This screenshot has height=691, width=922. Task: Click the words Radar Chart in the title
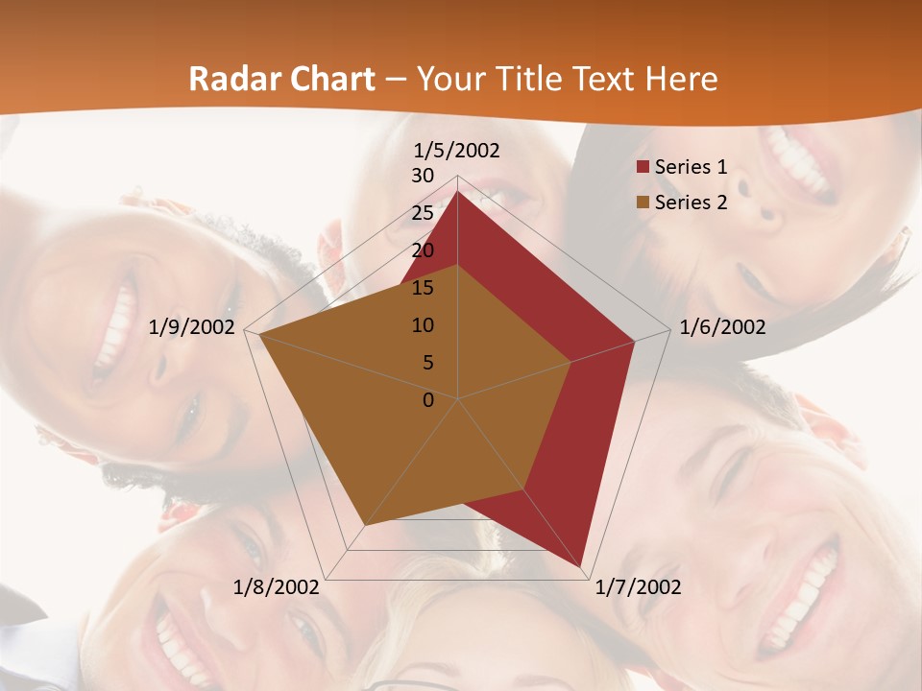281,79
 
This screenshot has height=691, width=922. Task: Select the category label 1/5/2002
456,150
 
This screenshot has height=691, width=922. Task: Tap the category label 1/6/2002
722,327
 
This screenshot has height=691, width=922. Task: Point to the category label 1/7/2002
638,586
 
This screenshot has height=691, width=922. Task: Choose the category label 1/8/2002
277,586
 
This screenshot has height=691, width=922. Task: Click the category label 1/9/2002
192,327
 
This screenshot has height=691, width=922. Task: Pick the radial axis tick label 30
423,176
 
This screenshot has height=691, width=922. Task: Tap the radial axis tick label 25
423,213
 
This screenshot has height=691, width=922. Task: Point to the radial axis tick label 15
423,288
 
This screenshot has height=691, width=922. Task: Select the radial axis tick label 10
423,325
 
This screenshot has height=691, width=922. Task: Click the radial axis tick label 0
428,400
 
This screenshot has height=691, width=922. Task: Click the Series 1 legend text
691,167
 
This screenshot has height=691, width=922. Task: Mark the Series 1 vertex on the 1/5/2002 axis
458,191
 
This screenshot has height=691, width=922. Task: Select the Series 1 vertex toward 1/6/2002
635,341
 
